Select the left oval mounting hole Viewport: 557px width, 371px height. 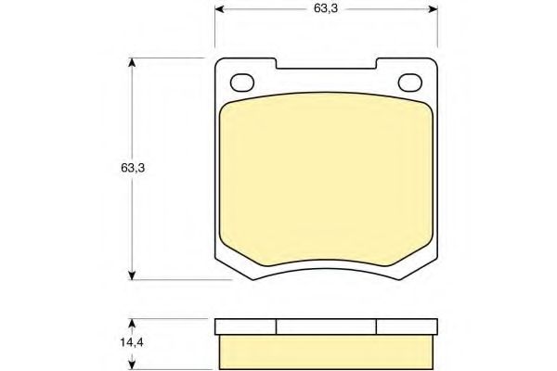tap(241, 82)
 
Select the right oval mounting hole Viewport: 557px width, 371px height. tap(409, 82)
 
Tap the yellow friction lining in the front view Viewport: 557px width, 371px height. tap(325, 181)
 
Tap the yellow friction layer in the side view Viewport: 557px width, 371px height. tap(325, 350)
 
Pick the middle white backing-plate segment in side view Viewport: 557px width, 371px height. tap(326, 326)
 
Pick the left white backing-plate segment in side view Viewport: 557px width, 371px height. tap(246, 326)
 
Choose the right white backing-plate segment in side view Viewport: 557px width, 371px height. tap(406, 326)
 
